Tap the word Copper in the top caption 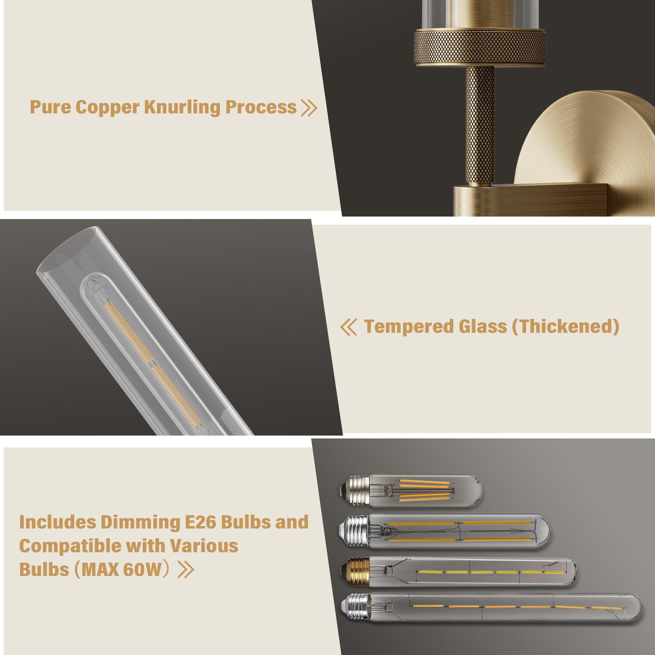[107, 107]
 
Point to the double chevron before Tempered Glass [348, 327]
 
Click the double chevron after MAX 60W [185, 569]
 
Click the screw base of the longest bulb [356, 608]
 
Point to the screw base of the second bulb [355, 531]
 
